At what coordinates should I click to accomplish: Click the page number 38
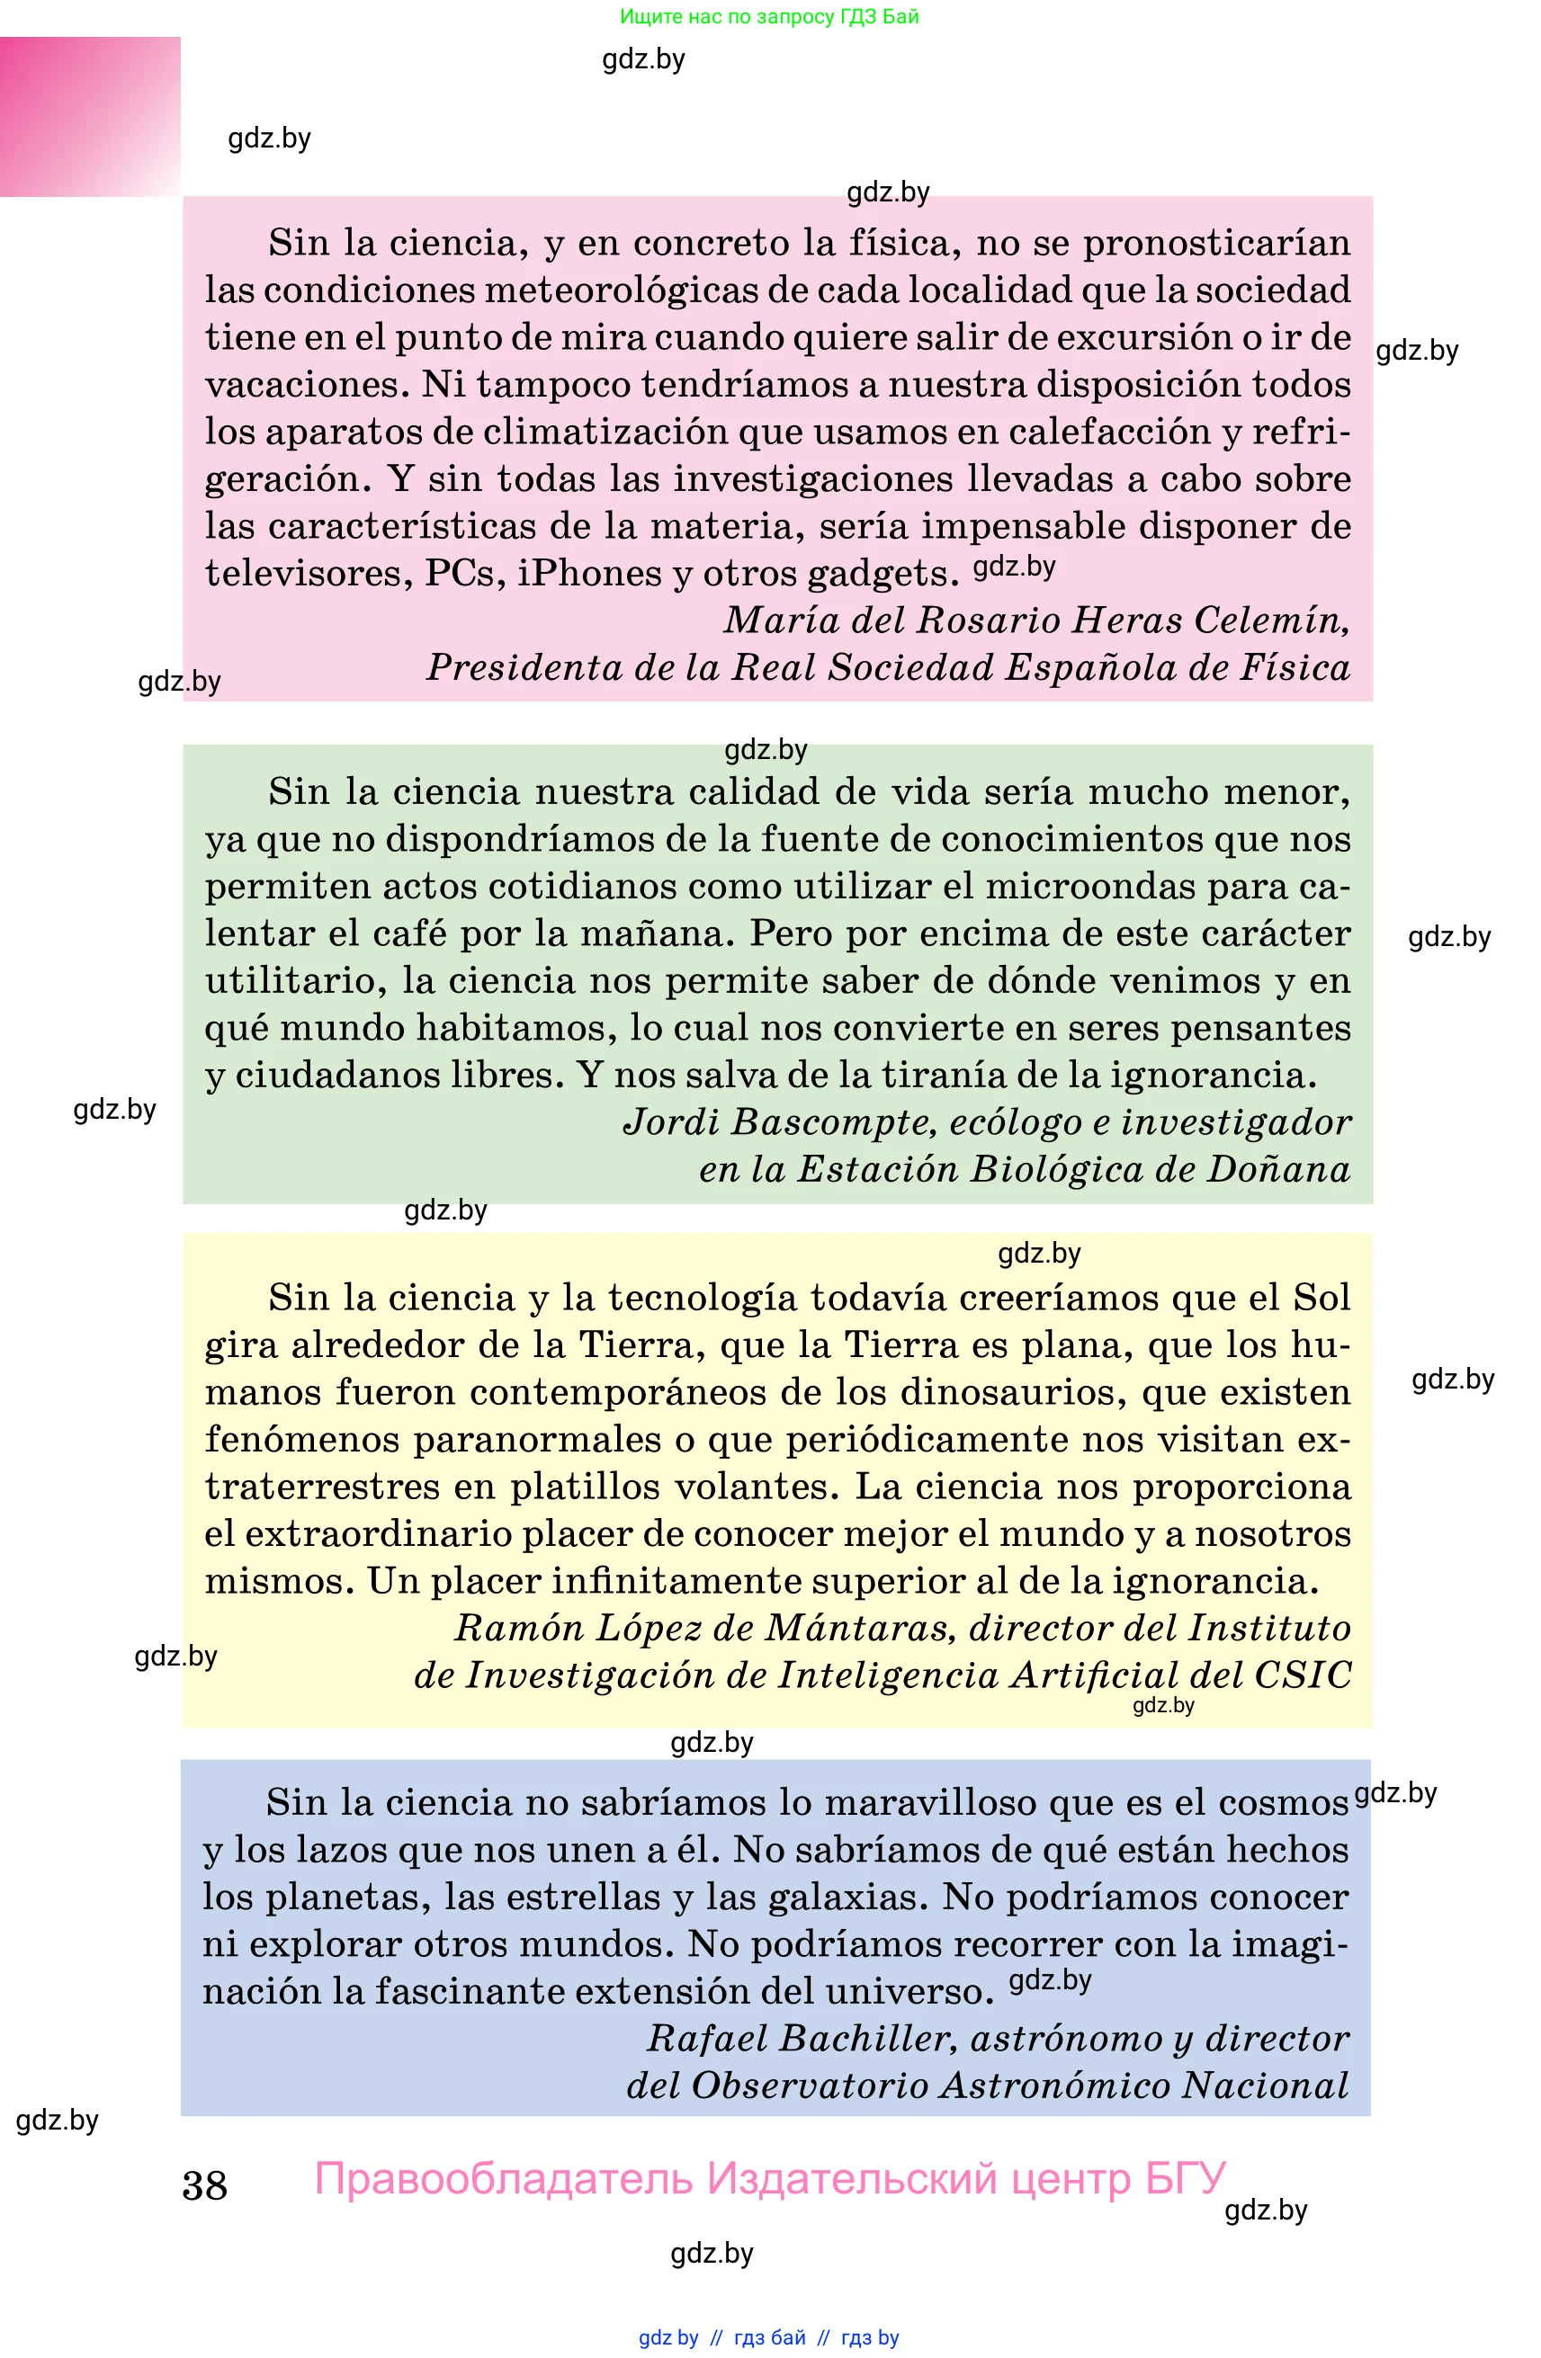pyautogui.click(x=204, y=2185)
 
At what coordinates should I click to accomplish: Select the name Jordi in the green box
pyautogui.click(x=671, y=1122)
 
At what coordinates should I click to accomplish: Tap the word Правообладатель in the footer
pyautogui.click(x=504, y=2179)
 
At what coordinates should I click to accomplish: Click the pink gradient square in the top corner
pyautogui.click(x=90, y=117)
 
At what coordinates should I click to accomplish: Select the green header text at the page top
pyautogui.click(x=769, y=17)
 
